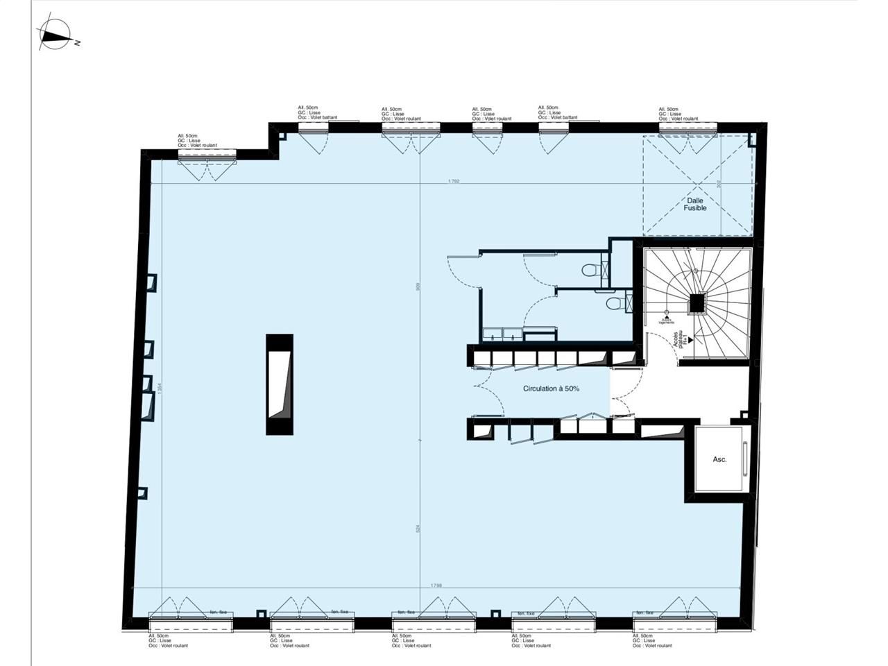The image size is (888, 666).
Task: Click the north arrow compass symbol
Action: pos(55,35)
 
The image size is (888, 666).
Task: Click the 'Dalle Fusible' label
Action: pos(695,204)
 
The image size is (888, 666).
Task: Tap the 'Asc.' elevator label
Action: pos(719,460)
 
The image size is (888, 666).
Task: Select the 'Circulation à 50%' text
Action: pos(551,389)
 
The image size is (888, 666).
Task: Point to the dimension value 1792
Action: pos(454,181)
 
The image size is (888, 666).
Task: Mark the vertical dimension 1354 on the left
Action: pos(160,391)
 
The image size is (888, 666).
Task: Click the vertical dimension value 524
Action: pos(418,529)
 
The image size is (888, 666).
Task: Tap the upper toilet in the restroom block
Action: pos(591,271)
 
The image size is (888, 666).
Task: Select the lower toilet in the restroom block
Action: pos(612,304)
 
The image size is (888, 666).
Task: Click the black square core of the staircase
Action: pos(696,303)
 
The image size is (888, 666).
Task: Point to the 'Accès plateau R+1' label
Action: pos(681,340)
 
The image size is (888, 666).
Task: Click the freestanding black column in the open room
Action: pos(280,384)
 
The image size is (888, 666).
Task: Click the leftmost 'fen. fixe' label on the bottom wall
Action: pos(219,612)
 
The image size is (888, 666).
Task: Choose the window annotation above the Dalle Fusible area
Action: pos(679,114)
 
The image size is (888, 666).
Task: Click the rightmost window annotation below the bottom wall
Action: pos(653,640)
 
